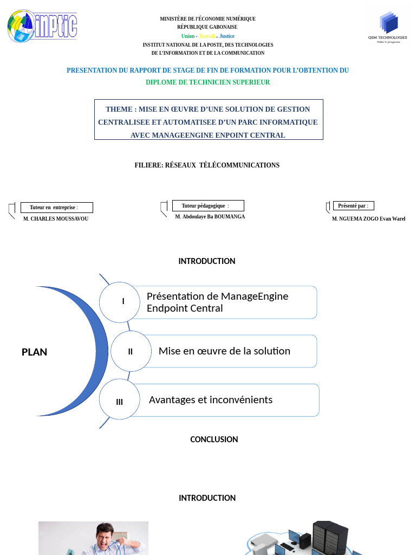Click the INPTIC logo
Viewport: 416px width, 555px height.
pyautogui.click(x=42, y=25)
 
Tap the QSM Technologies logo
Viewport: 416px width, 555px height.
pyautogui.click(x=388, y=27)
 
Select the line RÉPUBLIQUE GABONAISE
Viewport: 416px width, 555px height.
pyautogui.click(x=207, y=27)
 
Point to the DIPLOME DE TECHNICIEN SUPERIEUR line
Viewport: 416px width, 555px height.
pyautogui.click(x=207, y=82)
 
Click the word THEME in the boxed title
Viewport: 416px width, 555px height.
pyautogui.click(x=119, y=109)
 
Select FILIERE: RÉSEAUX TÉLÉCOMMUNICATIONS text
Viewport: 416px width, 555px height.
pyautogui.click(x=207, y=165)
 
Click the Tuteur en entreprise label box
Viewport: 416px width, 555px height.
pyautogui.click(x=56, y=208)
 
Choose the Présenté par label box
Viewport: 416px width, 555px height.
pyautogui.click(x=353, y=206)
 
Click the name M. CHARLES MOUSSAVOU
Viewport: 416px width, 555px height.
pyautogui.click(x=56, y=219)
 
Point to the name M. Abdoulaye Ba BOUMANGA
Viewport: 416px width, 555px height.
pyautogui.click(x=210, y=217)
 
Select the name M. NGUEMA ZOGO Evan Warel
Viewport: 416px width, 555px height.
pyautogui.click(x=368, y=219)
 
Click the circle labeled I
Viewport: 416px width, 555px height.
pyautogui.click(x=123, y=301)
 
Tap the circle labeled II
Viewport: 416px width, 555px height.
pyautogui.click(x=131, y=351)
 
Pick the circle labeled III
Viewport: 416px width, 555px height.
pyautogui.click(x=120, y=402)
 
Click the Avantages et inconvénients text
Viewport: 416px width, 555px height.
pyautogui.click(x=211, y=400)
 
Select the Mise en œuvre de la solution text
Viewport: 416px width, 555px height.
pyautogui.click(x=224, y=351)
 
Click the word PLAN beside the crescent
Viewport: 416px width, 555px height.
pyautogui.click(x=34, y=352)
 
